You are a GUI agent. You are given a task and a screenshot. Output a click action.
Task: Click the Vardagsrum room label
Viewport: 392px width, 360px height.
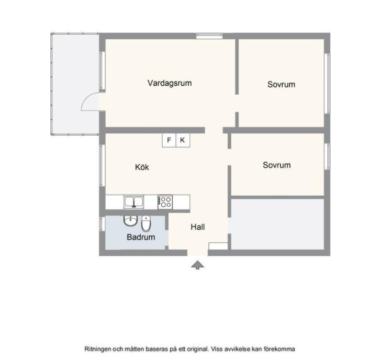pos(170,83)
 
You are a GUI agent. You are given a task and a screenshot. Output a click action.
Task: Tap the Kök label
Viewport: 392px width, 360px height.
pos(142,167)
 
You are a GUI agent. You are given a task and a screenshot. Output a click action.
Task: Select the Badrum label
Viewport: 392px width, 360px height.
pos(141,237)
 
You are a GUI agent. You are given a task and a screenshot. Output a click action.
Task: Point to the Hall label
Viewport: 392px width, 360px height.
pos(198,227)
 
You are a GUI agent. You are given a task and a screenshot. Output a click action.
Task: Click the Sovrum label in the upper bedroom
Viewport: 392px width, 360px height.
pos(281,84)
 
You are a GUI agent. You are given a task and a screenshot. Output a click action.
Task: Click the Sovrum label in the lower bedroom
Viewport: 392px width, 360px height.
pos(277,165)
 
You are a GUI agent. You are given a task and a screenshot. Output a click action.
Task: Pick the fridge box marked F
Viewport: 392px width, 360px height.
pos(169,140)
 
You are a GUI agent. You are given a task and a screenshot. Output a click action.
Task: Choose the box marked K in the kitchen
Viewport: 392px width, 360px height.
pos(183,140)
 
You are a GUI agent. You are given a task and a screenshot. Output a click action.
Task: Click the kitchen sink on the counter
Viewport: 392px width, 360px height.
pos(134,202)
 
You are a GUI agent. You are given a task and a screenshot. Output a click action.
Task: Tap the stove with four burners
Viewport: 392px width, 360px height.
pos(165,202)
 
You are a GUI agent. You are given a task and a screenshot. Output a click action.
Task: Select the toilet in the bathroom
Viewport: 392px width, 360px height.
pos(146,223)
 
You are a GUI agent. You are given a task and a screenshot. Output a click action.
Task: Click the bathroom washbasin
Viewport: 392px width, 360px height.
pos(130,221)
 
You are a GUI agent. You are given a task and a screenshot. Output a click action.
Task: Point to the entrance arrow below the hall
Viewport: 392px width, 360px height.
pos(197,265)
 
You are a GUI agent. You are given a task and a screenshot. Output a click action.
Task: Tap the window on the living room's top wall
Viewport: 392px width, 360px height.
pos(209,36)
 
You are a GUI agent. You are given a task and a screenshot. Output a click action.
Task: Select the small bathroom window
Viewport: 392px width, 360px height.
pos(102,224)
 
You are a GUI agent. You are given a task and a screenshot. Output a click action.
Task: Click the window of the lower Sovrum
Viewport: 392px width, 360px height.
pos(327,156)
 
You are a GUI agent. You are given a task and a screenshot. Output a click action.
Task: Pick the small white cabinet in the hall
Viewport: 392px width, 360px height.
pos(218,246)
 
